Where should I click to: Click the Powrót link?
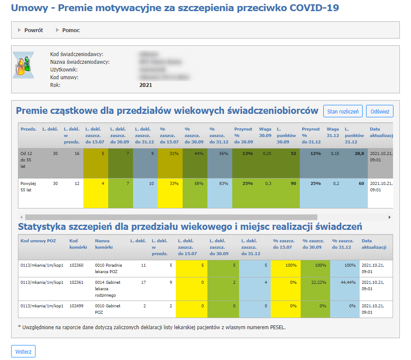tap(33, 30)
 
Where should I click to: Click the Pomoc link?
tap(71, 30)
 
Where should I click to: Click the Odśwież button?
tap(379, 111)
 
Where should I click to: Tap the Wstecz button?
tap(23, 351)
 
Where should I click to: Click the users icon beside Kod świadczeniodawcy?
tap(23, 65)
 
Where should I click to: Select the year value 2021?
tap(146, 85)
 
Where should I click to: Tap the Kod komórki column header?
tap(78, 244)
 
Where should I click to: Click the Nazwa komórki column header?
tap(104, 244)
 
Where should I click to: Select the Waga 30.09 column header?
tap(265, 132)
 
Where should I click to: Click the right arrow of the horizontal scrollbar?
tap(389, 217)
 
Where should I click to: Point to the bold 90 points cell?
tap(293, 184)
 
